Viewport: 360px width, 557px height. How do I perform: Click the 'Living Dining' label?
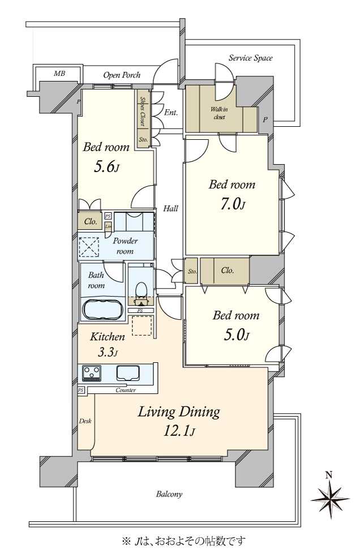tap(179, 412)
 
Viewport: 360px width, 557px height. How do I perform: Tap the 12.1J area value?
tap(179, 431)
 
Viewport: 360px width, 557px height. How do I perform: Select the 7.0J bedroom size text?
tap(232, 204)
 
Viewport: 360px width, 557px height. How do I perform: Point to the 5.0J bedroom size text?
tap(235, 335)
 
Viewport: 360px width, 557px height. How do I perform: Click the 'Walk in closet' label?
tap(219, 113)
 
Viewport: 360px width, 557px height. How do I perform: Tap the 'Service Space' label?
tap(250, 58)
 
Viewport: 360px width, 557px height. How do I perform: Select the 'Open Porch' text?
tap(122, 75)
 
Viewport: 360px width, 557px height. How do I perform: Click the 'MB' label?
tap(59, 74)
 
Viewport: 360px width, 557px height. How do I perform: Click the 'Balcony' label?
tap(169, 494)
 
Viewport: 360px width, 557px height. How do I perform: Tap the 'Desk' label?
tap(85, 421)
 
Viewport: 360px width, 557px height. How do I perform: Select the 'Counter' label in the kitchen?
tap(126, 391)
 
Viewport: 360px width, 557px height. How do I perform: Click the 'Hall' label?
tap(171, 208)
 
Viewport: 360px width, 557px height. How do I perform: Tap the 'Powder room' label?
tap(125, 246)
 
